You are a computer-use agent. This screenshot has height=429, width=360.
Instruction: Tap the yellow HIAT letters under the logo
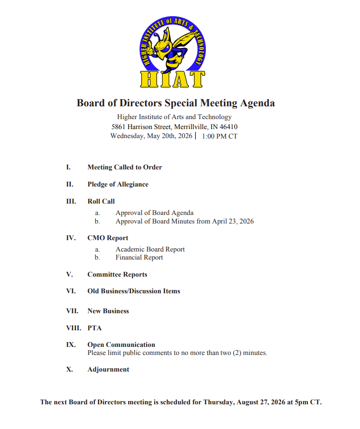click(x=173, y=79)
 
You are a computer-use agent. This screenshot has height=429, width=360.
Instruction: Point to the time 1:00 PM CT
click(x=220, y=136)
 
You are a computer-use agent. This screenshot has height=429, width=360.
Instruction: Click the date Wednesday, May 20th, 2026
click(x=151, y=136)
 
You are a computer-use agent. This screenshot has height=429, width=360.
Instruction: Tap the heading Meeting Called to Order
click(x=125, y=167)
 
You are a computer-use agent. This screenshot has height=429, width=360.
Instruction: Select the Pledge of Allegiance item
click(x=118, y=184)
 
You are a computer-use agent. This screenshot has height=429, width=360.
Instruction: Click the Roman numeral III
click(x=71, y=201)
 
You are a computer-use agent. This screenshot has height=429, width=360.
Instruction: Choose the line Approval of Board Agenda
click(x=154, y=213)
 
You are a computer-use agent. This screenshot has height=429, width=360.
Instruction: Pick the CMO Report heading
click(x=108, y=238)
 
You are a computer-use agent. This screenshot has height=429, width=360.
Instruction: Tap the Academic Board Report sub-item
click(x=150, y=249)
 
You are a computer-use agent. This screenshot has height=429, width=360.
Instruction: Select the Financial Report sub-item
click(x=139, y=258)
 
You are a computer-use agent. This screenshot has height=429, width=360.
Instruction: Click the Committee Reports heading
click(x=117, y=274)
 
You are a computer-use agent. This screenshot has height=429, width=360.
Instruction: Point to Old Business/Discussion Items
click(x=134, y=291)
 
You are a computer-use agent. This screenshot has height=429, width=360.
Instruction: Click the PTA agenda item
click(x=94, y=328)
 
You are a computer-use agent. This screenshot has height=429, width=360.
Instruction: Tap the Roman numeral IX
click(x=70, y=345)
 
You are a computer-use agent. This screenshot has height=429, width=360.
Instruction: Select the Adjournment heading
click(x=108, y=369)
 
